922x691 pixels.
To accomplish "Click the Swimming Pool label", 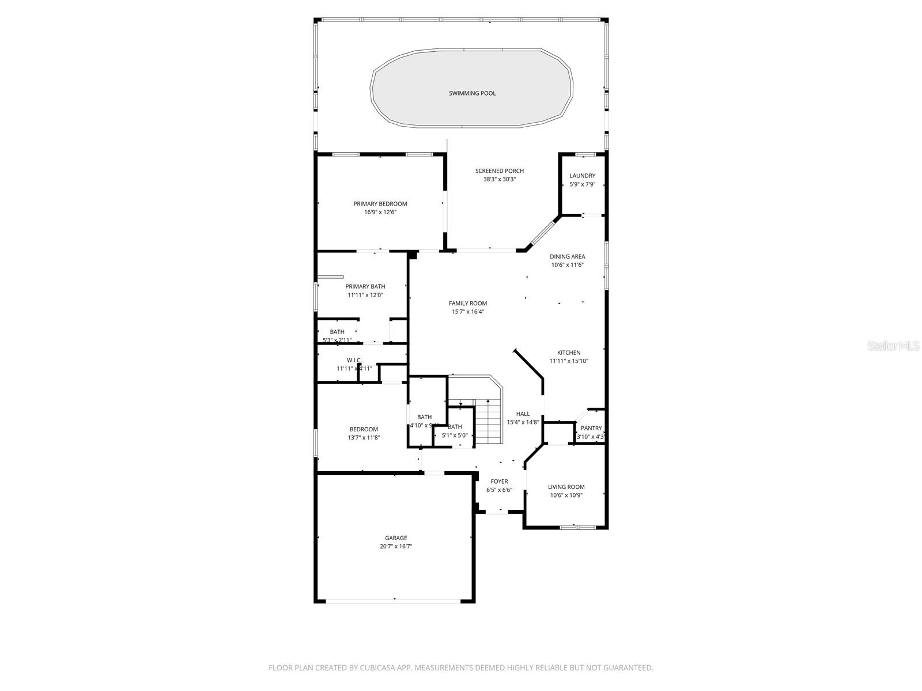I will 472,93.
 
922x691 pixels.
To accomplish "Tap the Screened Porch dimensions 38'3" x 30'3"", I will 499,179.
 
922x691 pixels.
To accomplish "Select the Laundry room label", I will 582,176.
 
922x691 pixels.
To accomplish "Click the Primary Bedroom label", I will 380,204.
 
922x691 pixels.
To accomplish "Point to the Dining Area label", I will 567,257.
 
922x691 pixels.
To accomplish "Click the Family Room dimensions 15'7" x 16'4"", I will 467,312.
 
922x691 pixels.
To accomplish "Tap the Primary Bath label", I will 365,287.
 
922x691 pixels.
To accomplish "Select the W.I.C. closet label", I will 354,360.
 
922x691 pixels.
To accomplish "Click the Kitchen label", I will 568,352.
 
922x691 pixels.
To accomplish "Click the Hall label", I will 523,413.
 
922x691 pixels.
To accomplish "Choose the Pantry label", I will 591,428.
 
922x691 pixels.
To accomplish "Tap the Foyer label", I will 499,481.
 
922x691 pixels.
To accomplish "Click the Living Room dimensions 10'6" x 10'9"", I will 566,495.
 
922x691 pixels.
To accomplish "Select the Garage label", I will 396,538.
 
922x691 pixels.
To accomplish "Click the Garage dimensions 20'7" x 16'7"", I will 396,546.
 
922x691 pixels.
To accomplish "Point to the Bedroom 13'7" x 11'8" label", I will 364,429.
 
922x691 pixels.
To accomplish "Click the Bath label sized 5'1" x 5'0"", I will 455,427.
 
